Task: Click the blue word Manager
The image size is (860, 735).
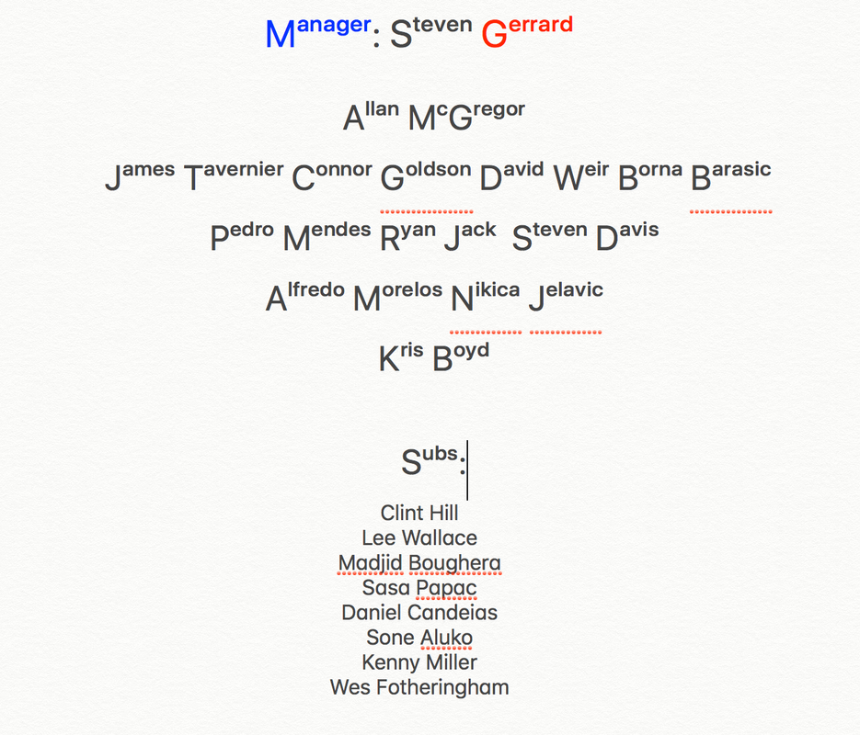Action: tap(317, 33)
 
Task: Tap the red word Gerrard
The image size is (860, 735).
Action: tap(527, 33)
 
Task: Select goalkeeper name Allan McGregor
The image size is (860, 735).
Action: tap(434, 117)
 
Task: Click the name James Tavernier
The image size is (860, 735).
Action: tap(194, 175)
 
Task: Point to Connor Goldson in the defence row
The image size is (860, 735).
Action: tap(382, 175)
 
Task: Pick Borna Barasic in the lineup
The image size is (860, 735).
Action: tap(694, 175)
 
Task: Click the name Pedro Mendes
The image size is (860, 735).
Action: tap(291, 236)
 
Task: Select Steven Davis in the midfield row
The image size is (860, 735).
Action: tap(585, 236)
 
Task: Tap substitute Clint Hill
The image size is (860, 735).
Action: tap(419, 513)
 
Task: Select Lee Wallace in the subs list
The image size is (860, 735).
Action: tap(419, 537)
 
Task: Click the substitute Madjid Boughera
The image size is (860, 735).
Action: tap(419, 562)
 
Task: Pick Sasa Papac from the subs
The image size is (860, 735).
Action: tap(419, 587)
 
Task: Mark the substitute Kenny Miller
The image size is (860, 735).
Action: tap(419, 661)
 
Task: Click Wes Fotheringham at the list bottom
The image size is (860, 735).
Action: tap(419, 686)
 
